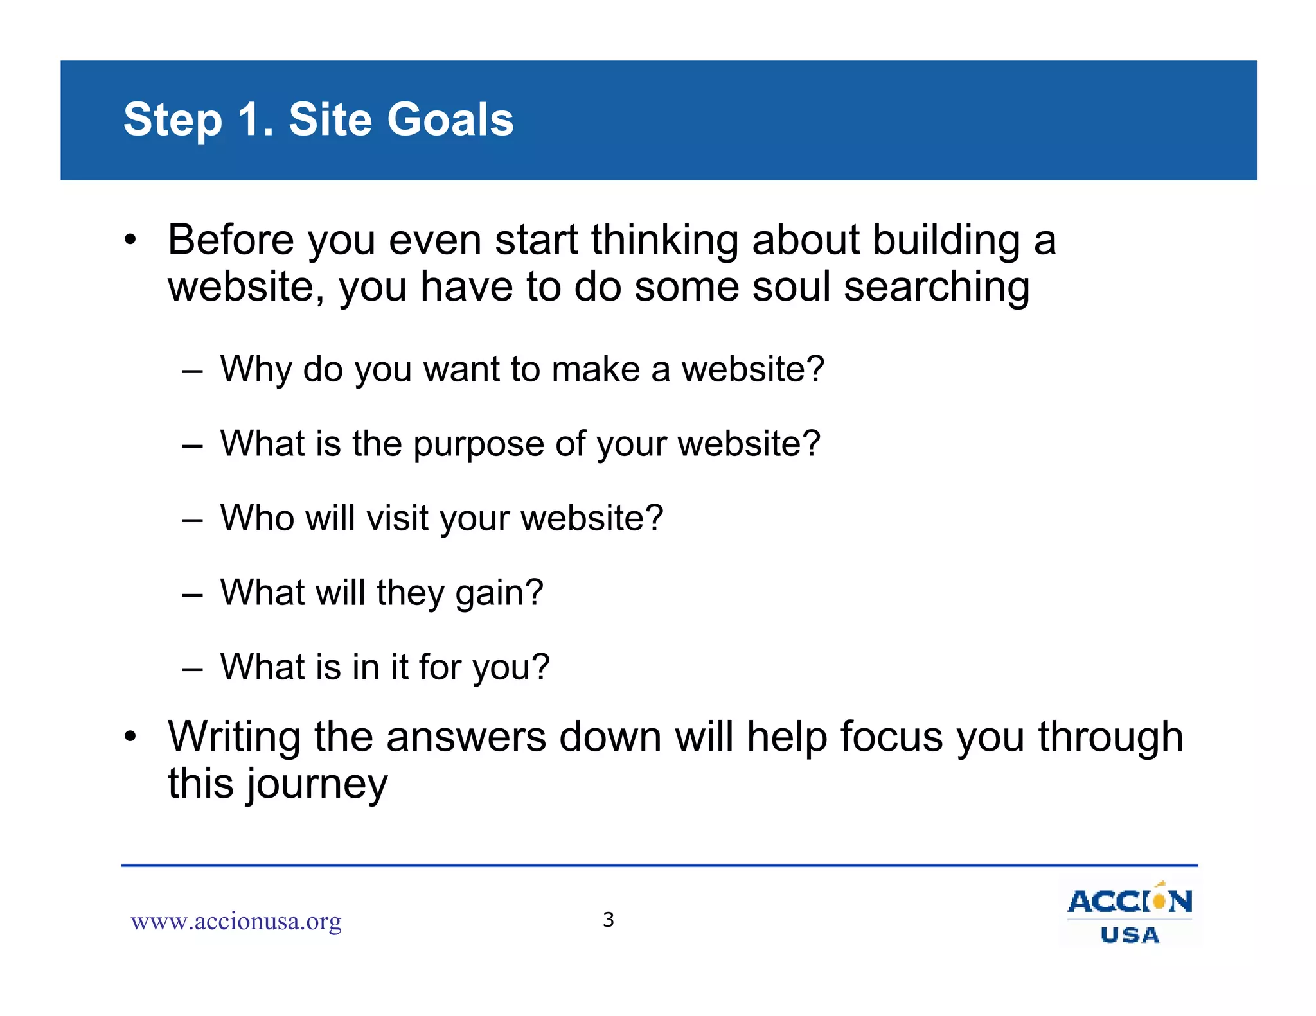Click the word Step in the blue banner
pos(172,121)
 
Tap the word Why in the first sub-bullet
pos(256,370)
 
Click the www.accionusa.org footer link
pos(236,921)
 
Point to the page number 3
pos(608,920)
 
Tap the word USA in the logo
pos(1130,935)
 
